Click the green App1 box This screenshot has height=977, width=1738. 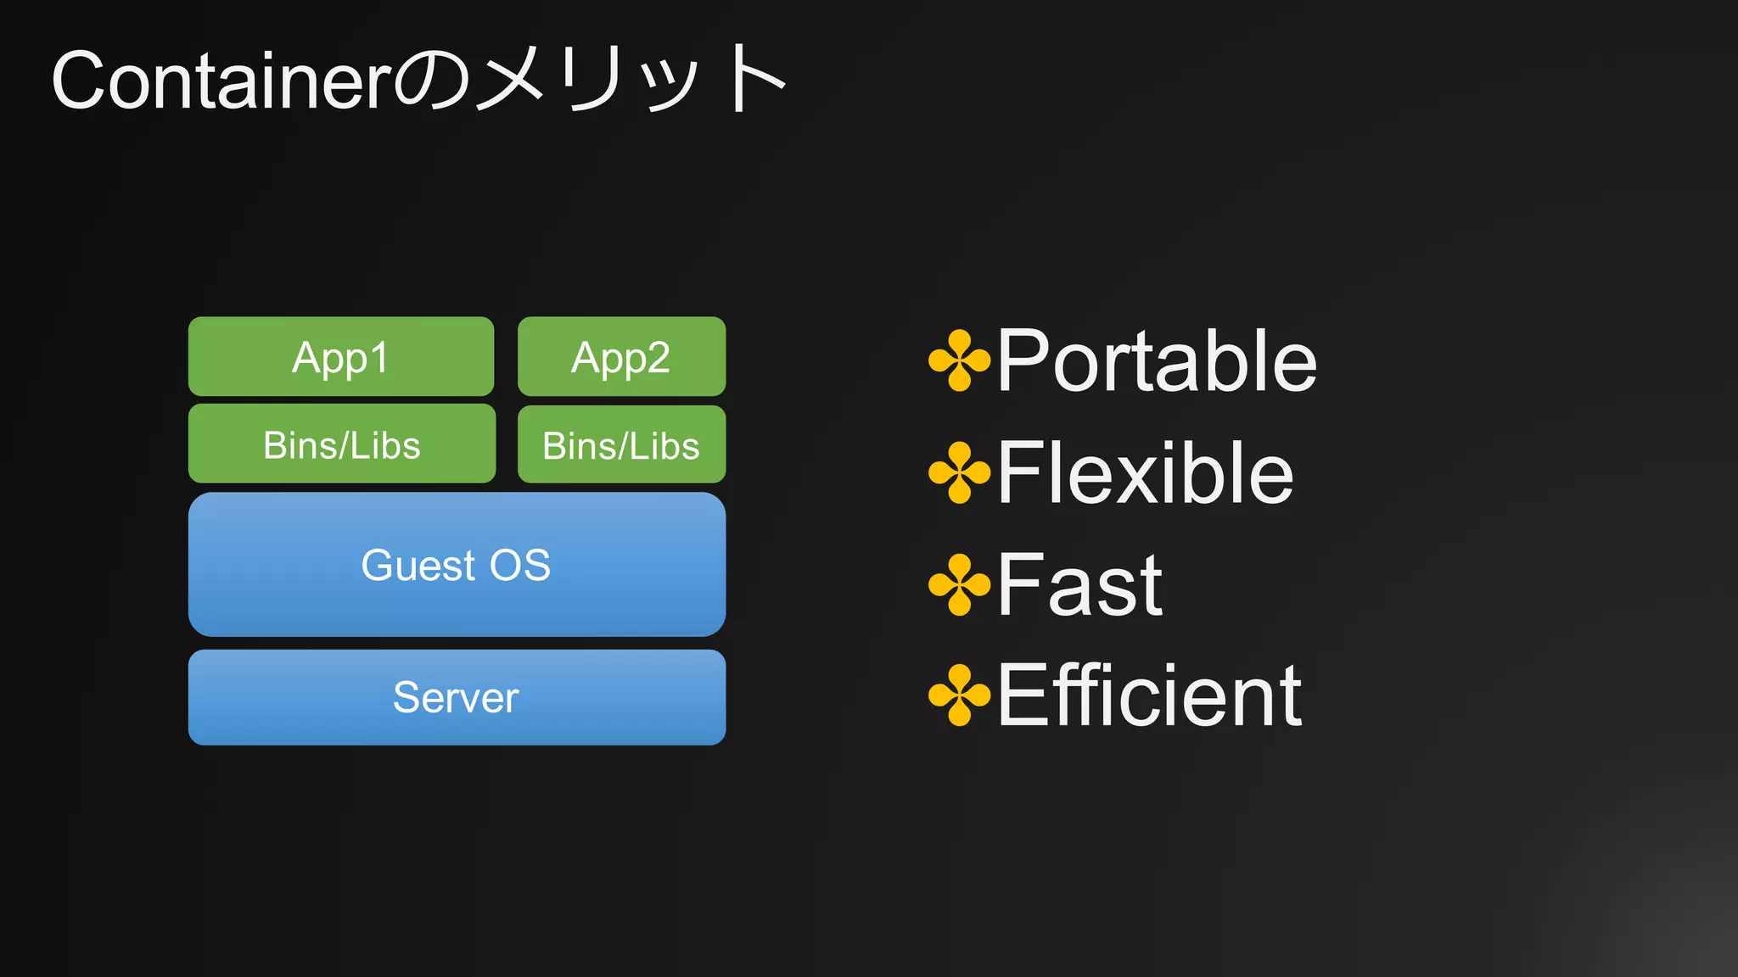pos(340,356)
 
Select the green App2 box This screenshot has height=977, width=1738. pos(621,356)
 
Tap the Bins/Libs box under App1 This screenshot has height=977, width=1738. pos(341,444)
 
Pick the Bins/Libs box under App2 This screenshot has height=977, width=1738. pos(621,445)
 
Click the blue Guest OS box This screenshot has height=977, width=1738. pos(457,565)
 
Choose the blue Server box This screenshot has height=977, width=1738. pos(457,697)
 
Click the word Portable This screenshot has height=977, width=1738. pos(1157,361)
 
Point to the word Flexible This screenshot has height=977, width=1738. pos(1145,473)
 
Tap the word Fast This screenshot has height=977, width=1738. pos(1079,585)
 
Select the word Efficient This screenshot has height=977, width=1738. pos(1149,696)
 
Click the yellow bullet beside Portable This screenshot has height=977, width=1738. pos(959,360)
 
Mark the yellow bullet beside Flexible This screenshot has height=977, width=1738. pos(959,472)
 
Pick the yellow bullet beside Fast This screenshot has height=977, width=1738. pos(959,584)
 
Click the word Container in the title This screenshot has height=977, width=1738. pos(221,81)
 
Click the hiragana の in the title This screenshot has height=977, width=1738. pos(431,83)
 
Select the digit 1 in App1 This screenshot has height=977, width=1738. pos(378,357)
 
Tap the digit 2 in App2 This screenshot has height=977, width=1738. pos(657,357)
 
